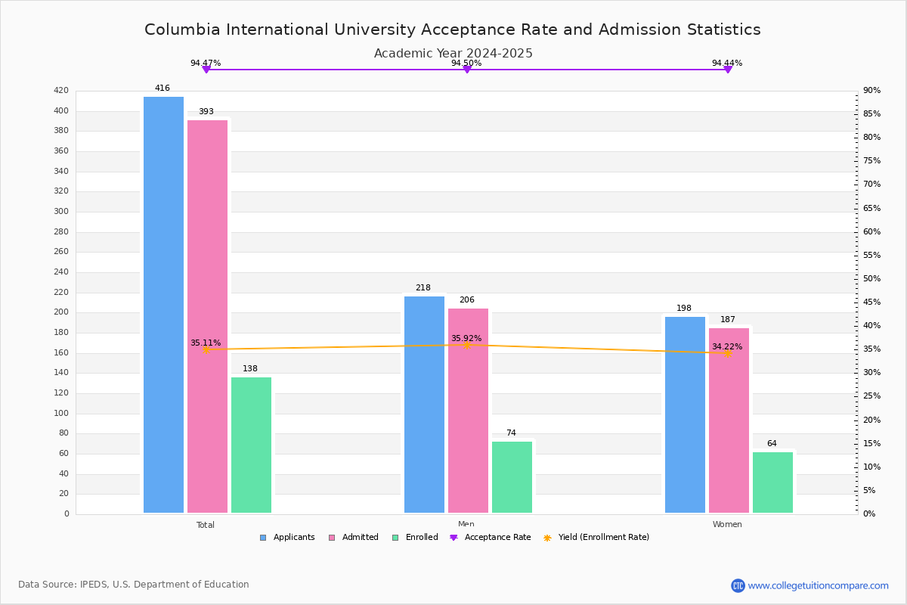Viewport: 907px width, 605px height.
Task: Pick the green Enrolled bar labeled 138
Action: (251, 445)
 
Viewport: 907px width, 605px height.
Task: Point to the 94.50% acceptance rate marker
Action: (467, 70)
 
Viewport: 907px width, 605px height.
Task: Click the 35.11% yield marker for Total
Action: (206, 349)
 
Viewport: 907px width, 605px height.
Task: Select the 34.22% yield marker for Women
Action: (728, 353)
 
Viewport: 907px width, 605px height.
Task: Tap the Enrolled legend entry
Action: (421, 538)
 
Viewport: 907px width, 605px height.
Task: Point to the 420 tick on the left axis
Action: (61, 91)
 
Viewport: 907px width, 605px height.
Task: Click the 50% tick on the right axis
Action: (871, 279)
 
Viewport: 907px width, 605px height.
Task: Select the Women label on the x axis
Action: (727, 525)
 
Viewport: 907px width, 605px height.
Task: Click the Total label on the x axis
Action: (206, 525)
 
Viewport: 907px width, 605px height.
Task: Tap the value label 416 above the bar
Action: (163, 88)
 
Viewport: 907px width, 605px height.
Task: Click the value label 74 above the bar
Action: (511, 433)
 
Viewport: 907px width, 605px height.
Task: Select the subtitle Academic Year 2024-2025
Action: (453, 54)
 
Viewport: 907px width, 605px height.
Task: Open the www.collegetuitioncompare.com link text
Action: (818, 585)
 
